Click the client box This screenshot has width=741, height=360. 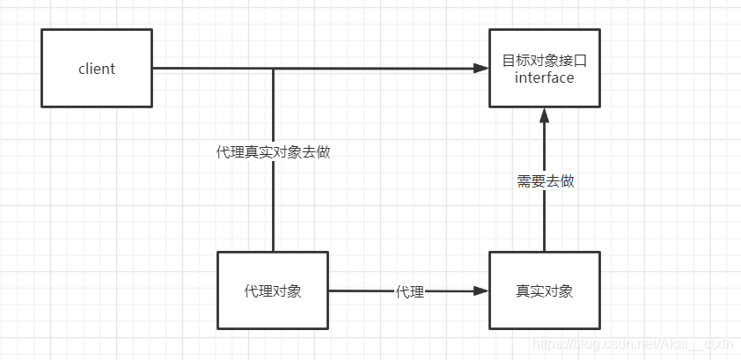click(x=97, y=68)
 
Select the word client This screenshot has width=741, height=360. click(x=97, y=69)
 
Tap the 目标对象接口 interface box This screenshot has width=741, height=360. click(x=545, y=68)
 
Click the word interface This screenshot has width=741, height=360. click(x=545, y=77)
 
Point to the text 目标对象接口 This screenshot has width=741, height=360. click(x=545, y=61)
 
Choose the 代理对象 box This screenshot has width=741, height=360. click(x=273, y=290)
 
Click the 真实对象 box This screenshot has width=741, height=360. click(x=545, y=290)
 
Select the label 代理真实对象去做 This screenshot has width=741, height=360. click(x=273, y=152)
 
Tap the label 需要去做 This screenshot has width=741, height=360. click(x=546, y=181)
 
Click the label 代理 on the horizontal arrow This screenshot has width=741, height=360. click(x=410, y=292)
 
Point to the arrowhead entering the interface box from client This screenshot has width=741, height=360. click(x=481, y=69)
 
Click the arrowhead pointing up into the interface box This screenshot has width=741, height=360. click(x=545, y=115)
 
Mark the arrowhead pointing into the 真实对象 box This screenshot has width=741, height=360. click(x=481, y=291)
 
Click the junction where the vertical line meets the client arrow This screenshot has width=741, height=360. click(x=273, y=69)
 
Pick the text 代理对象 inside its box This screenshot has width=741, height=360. click(x=273, y=291)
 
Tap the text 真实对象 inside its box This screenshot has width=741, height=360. click(x=545, y=291)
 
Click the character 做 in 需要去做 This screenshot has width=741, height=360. click(x=568, y=181)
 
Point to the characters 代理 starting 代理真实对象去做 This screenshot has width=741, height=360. click(x=231, y=152)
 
